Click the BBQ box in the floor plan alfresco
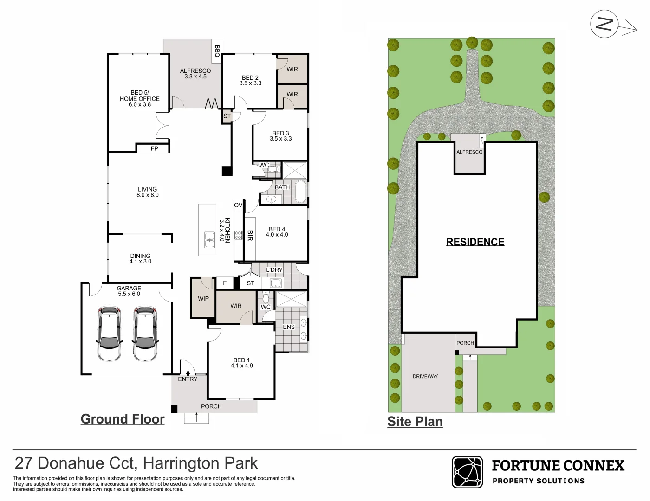(217, 51)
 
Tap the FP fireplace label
(154, 148)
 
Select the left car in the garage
(110, 334)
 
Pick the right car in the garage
(145, 334)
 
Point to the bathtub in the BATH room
(300, 192)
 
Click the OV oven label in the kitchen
(238, 205)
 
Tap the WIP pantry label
(203, 298)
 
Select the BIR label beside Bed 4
(250, 235)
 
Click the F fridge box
(225, 283)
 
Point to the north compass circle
(604, 24)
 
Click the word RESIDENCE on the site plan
(475, 241)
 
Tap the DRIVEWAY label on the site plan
(425, 376)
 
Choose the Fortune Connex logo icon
(467, 472)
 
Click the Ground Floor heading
(123, 419)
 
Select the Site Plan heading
(415, 422)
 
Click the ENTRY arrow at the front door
(188, 373)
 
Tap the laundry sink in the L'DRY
(276, 283)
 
